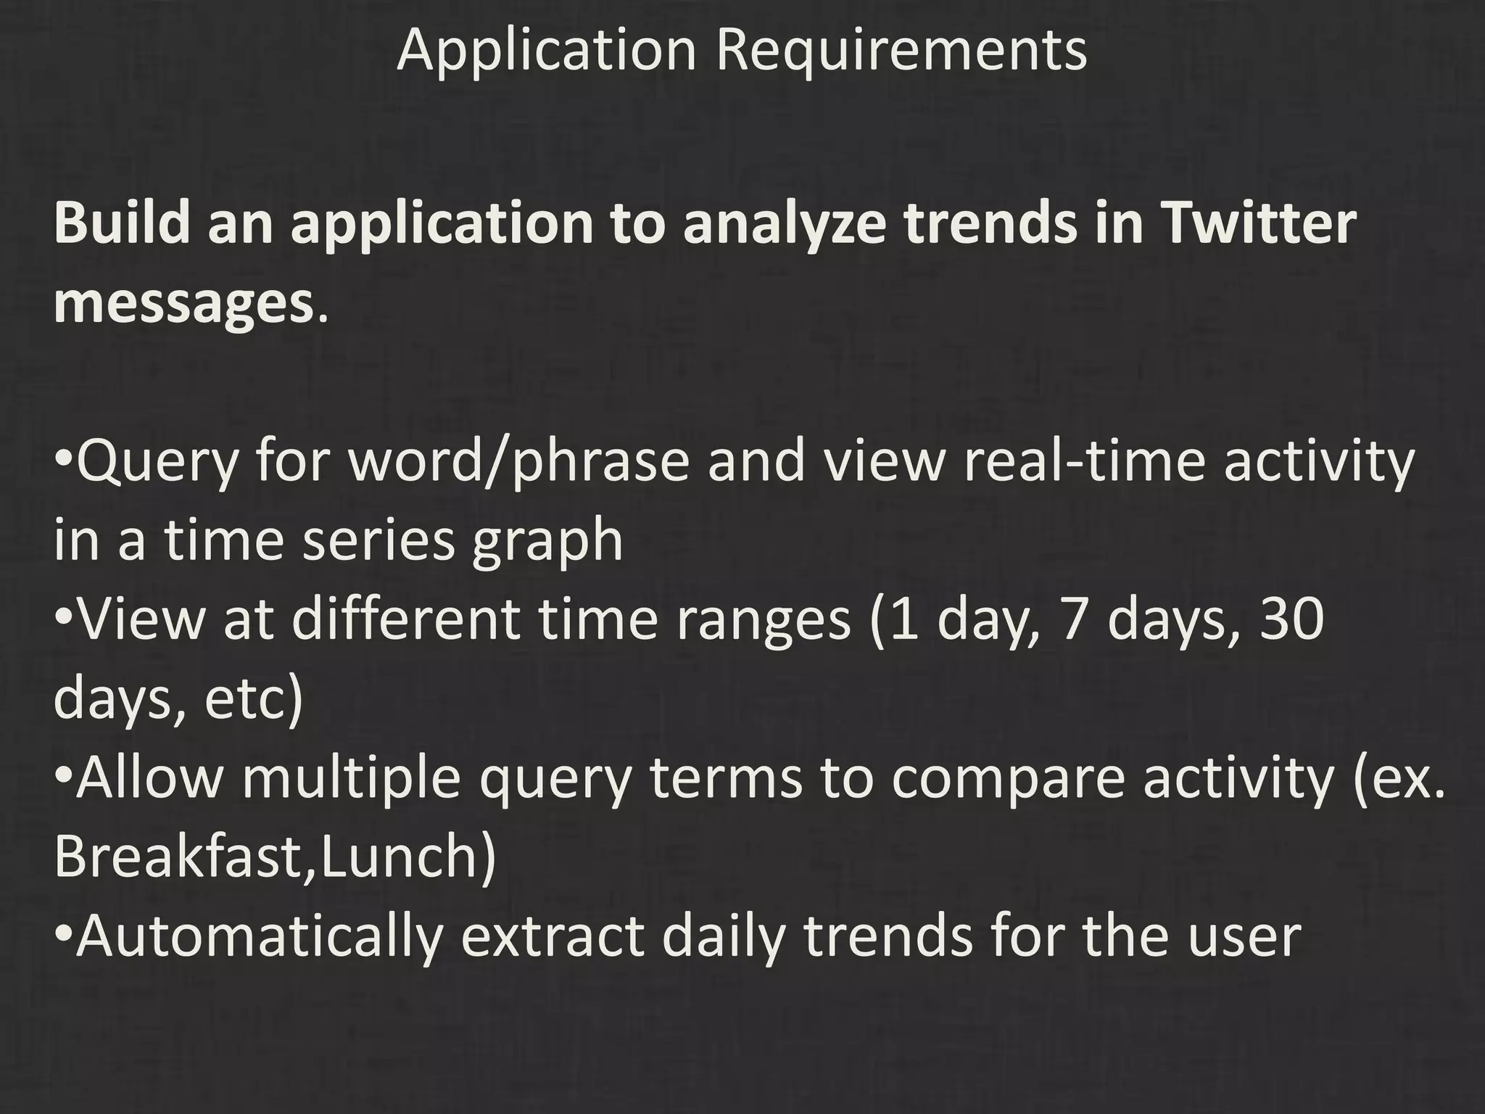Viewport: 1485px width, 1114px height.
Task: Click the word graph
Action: tap(547, 542)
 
